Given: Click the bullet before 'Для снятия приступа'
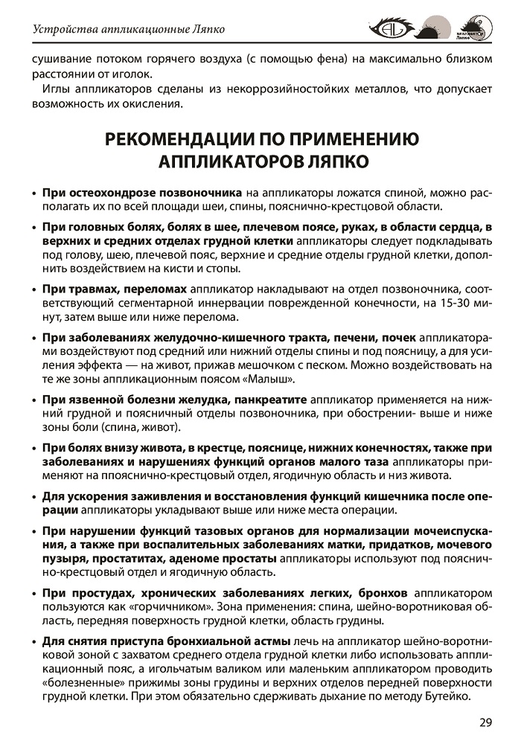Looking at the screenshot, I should click(34, 641).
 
